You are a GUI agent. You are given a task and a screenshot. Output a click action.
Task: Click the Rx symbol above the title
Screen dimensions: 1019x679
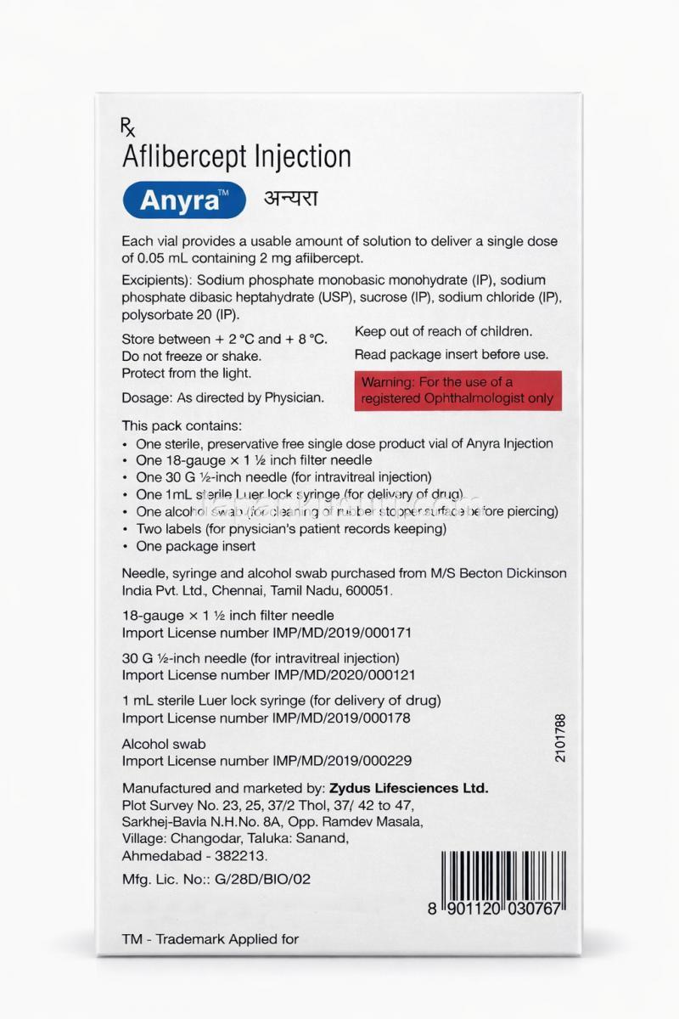pos(128,128)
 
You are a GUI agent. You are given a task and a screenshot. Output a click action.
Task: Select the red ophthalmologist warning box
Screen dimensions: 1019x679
pos(457,390)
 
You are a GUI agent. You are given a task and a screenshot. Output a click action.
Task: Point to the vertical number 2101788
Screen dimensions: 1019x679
pos(559,738)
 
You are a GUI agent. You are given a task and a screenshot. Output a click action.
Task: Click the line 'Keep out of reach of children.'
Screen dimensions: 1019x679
pos(443,331)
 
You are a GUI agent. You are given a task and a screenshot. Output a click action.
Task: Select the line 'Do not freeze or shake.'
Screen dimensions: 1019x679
pos(192,356)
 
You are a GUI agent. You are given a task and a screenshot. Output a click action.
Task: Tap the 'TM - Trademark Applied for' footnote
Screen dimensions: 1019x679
pos(211,939)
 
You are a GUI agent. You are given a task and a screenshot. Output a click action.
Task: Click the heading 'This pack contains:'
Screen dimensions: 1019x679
pos(182,425)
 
